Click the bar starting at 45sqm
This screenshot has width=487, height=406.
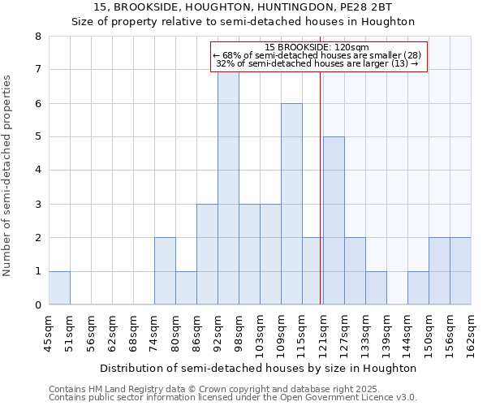click(59, 287)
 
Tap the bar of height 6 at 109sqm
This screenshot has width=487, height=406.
click(291, 204)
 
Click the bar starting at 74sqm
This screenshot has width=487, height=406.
click(165, 271)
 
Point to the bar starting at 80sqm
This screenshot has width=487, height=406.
click(186, 287)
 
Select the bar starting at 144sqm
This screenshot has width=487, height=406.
click(418, 287)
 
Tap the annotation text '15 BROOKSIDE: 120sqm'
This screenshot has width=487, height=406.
click(317, 47)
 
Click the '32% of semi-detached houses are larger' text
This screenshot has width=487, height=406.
click(317, 63)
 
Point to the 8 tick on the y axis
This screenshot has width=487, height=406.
click(37, 37)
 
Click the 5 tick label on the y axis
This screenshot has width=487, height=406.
click(37, 137)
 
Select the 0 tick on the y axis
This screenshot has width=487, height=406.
click(37, 305)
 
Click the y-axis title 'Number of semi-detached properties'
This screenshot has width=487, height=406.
click(8, 175)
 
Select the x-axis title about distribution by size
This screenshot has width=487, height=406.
click(260, 368)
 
